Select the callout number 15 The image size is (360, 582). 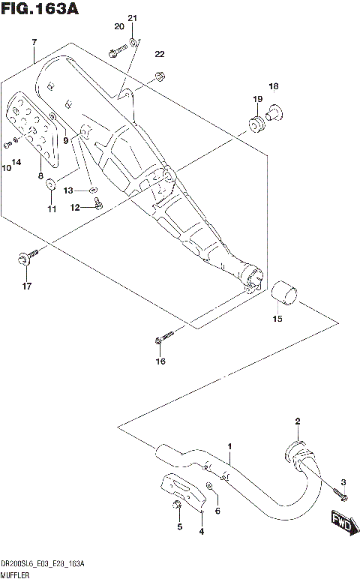click(277, 320)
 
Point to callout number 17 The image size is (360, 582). click(26, 286)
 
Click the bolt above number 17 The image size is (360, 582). click(23, 259)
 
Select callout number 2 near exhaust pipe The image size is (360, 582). click(297, 421)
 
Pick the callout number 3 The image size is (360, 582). click(344, 481)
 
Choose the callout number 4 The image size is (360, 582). click(200, 532)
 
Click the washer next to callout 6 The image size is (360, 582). click(211, 490)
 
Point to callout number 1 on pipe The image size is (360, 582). click(229, 447)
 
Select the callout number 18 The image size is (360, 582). click(273, 86)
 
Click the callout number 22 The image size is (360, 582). click(159, 54)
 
